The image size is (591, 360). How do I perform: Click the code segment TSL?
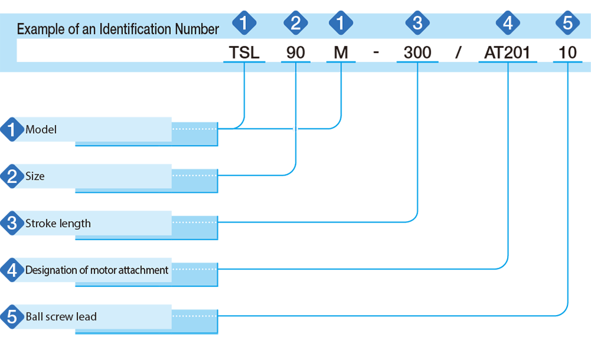(244, 53)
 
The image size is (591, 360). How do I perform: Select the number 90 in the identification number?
(295, 53)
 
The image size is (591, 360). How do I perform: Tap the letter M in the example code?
(341, 53)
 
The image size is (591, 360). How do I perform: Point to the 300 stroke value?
(417, 53)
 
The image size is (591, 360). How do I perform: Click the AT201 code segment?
(507, 53)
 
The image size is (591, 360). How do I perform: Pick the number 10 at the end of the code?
(567, 53)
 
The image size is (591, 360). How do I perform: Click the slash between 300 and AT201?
(459, 53)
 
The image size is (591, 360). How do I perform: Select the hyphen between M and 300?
(376, 53)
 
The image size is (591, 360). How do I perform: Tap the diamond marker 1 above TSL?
(244, 22)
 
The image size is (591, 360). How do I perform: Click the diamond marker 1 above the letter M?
(341, 22)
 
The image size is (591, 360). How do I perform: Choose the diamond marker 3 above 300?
(417, 22)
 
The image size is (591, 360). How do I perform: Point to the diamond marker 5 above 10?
(567, 22)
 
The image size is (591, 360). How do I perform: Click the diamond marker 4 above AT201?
(508, 22)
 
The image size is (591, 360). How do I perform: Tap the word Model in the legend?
(41, 129)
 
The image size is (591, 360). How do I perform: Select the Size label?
(35, 176)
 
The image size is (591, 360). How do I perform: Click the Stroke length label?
(58, 223)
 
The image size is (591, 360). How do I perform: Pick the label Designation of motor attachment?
(97, 270)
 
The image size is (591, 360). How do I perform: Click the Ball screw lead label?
(61, 317)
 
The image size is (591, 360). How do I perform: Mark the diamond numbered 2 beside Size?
(12, 176)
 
